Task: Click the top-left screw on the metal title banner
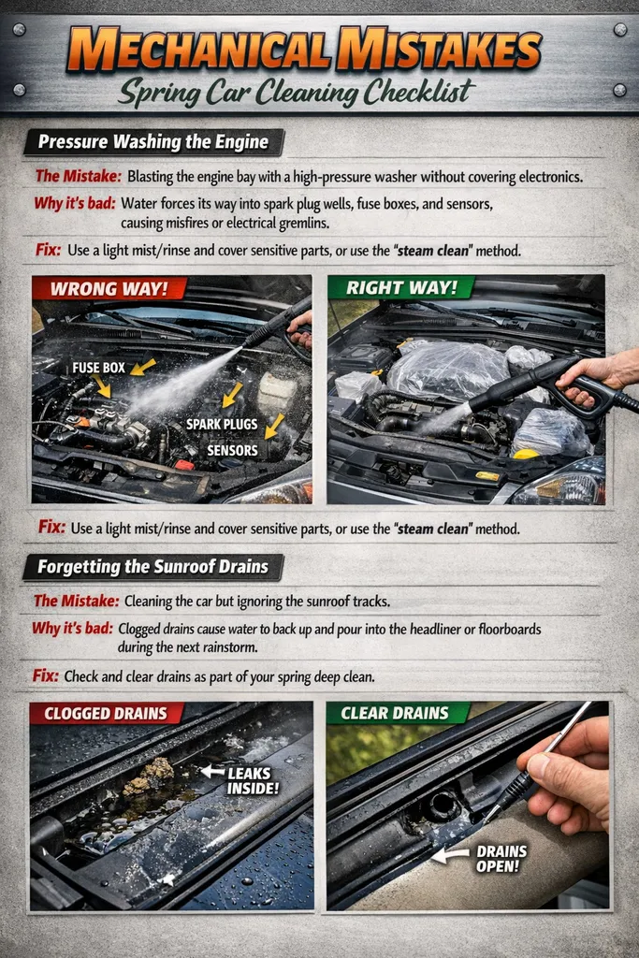click(19, 30)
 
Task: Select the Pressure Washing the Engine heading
click(152, 142)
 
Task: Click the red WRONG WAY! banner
click(109, 288)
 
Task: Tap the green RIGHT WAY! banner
click(400, 288)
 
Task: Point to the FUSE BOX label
click(98, 368)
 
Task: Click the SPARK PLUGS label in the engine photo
click(222, 424)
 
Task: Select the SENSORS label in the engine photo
click(232, 449)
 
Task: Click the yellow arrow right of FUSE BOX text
click(143, 367)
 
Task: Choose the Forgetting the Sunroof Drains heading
click(152, 567)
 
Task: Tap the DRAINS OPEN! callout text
click(501, 858)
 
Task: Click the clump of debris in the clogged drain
click(151, 775)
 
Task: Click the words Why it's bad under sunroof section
click(72, 629)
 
